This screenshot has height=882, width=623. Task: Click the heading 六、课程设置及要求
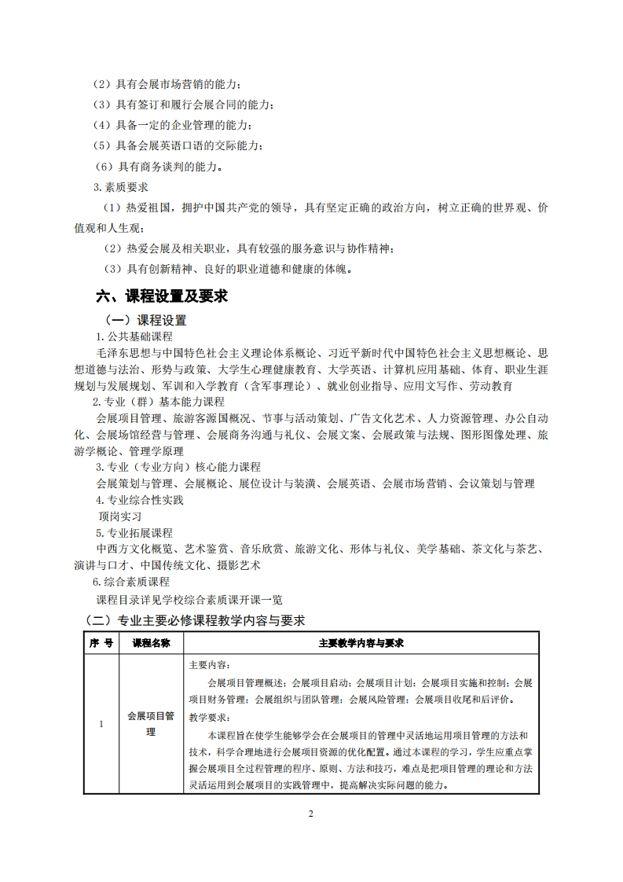pos(161,296)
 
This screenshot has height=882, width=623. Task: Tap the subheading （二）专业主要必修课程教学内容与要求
pos(194,620)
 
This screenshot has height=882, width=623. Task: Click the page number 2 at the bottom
pos(311,813)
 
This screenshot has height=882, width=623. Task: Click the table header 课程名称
pos(151,642)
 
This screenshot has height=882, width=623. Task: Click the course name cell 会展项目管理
pos(151,724)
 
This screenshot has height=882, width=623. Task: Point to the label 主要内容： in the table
pos(210,664)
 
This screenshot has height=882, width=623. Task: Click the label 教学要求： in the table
pos(210,717)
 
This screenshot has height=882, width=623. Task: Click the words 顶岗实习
pos(119,516)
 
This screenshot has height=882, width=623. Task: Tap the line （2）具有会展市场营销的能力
pos(167,84)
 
